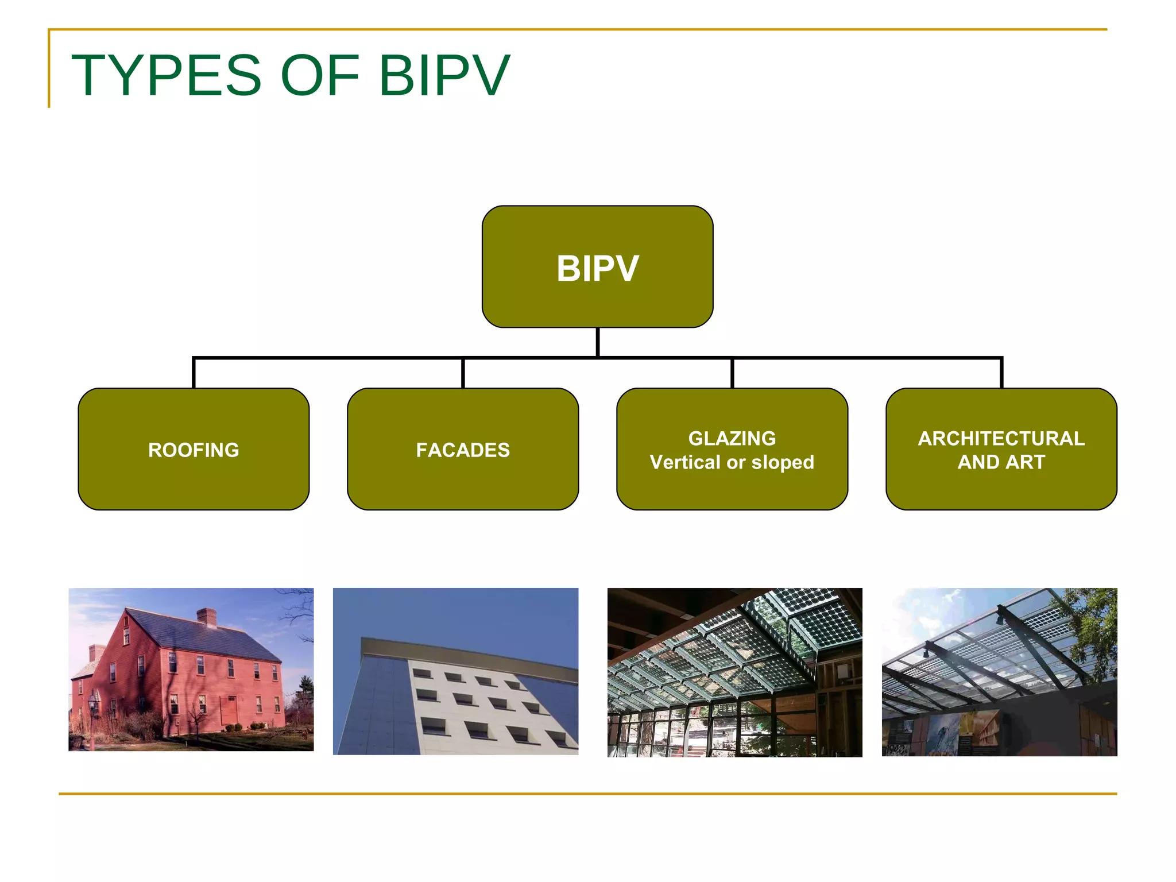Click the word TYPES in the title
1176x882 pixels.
[x=167, y=75]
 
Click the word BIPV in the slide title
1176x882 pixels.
[x=444, y=75]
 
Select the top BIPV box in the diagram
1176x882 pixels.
[x=597, y=267]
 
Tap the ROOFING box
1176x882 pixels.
[x=194, y=450]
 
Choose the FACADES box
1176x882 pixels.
[x=463, y=450]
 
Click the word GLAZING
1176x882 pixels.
[x=732, y=438]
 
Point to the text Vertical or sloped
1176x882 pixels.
[x=732, y=462]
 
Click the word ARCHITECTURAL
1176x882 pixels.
[x=1001, y=438]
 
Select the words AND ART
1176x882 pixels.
[x=1001, y=462]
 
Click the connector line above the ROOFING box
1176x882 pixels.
[x=194, y=373]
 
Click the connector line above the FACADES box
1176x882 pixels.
[x=463, y=373]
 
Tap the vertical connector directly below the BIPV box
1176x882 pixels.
[x=598, y=342]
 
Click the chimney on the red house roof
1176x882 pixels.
[x=207, y=617]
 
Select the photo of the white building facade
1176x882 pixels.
[x=455, y=671]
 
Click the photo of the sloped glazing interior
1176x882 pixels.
[x=734, y=672]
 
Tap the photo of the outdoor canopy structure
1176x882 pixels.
[x=999, y=672]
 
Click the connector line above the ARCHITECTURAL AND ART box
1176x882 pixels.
[x=1001, y=373]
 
